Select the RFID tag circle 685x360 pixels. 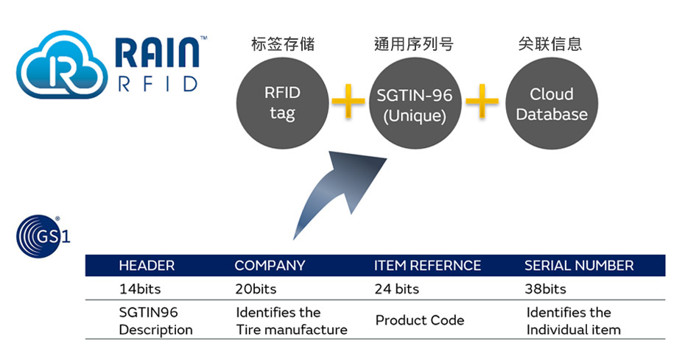point(282,104)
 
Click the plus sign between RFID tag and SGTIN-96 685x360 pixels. point(348,100)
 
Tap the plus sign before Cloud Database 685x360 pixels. point(482,100)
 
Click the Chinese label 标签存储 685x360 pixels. point(282,44)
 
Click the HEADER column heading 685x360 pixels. point(147,266)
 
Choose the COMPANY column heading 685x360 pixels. point(270,266)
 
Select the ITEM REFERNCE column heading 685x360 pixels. point(427,266)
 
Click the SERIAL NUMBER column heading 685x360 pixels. point(579,266)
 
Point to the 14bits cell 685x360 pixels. point(140,289)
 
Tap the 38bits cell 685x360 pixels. point(545,289)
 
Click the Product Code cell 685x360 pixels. point(420,320)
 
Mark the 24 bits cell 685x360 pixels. point(397,289)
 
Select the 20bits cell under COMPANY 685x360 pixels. point(256,289)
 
